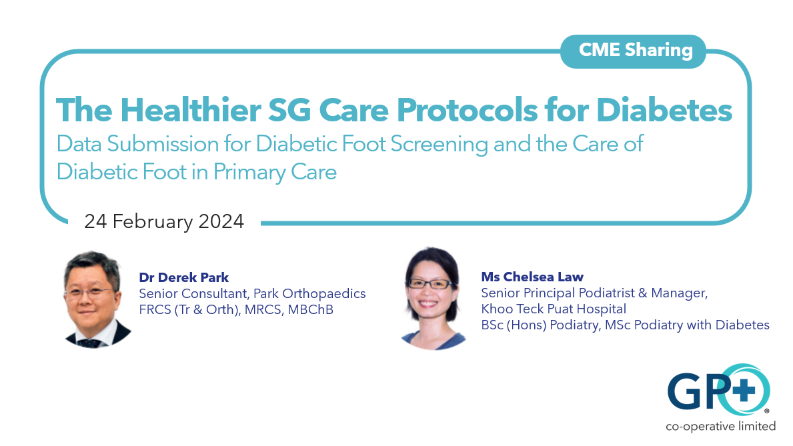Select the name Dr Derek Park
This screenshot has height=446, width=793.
pos(183,278)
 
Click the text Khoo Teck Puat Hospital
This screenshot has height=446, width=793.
pos(554,309)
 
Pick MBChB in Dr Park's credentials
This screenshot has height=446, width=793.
pos(311,309)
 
